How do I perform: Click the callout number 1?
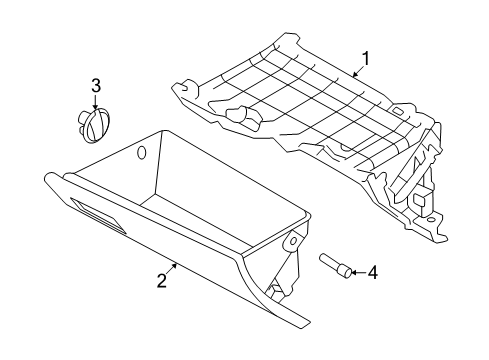[365, 59]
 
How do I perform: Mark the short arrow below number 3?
[96, 102]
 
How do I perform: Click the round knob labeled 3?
[94, 125]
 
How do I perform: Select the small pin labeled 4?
[335, 266]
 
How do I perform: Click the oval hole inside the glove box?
[141, 152]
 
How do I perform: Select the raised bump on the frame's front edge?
[239, 116]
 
